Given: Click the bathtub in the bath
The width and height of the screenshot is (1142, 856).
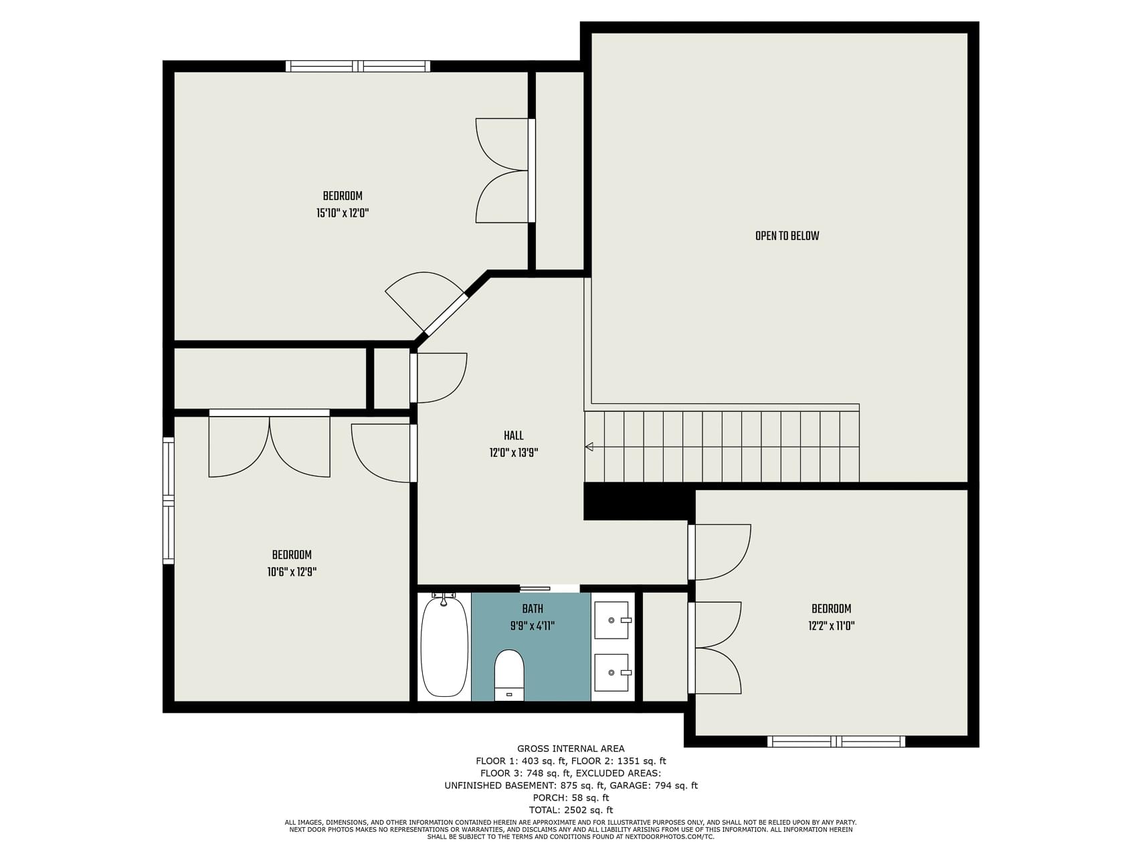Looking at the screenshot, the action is (444, 647).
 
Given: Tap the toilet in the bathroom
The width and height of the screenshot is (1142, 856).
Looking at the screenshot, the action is (509, 675).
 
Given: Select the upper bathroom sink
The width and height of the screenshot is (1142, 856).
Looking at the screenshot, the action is (612, 620).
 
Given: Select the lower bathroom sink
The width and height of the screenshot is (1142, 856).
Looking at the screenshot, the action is (612, 672).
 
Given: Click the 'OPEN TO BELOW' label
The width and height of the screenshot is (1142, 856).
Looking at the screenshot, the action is (787, 236).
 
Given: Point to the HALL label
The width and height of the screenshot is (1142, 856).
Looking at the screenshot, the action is (514, 436).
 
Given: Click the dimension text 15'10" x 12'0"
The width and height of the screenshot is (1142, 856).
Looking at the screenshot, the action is (343, 213).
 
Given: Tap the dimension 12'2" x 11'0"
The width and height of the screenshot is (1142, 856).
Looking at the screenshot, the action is (831, 626).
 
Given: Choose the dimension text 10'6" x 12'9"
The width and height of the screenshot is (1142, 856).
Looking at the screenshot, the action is (292, 572).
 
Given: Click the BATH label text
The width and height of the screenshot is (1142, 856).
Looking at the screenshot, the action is (533, 609).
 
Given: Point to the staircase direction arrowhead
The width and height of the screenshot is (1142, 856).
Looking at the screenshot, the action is (589, 447).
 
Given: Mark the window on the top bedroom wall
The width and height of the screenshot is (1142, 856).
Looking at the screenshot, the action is (358, 66).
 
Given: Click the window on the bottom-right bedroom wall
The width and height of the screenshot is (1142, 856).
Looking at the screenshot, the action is (836, 741).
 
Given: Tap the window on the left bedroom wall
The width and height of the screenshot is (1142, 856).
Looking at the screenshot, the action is (169, 501).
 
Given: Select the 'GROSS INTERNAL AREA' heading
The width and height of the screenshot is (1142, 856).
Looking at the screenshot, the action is (571, 749).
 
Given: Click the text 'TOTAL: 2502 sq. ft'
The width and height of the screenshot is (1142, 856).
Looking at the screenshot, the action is (571, 810).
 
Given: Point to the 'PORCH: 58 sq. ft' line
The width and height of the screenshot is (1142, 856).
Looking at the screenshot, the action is (571, 798).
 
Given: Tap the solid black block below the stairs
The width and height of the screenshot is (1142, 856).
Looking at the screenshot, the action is (636, 501).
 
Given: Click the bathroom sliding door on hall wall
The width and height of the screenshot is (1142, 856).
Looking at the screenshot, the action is (535, 588).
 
